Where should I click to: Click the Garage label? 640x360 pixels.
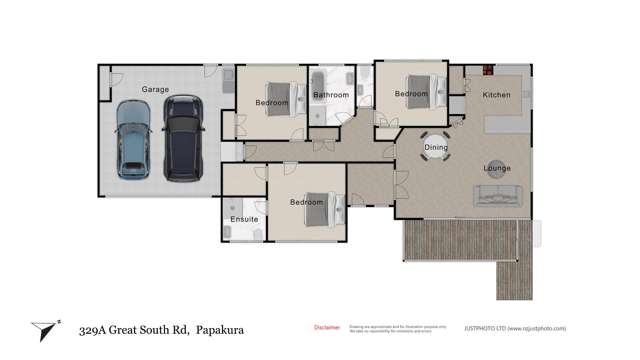(155, 89)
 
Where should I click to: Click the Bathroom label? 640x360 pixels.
(330, 95)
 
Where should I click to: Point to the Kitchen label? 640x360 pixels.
(496, 95)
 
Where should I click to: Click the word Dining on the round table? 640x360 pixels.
(436, 148)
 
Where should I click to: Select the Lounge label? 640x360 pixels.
(497, 168)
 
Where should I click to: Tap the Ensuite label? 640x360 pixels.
(244, 219)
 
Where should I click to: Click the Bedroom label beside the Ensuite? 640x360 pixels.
(307, 203)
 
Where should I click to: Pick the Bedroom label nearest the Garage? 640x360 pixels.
(271, 102)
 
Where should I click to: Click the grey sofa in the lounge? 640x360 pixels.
(497, 196)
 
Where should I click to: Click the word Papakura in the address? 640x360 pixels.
(220, 329)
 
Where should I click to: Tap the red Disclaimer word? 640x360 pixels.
(327, 327)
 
